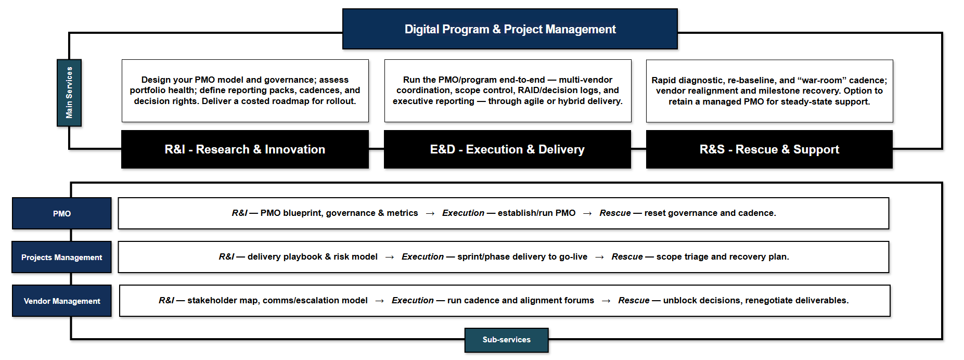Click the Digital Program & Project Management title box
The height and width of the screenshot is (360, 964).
click(x=510, y=29)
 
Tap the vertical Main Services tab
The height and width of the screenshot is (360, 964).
click(x=69, y=93)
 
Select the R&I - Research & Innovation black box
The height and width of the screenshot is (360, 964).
click(x=245, y=149)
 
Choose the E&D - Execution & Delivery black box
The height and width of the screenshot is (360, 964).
click(x=507, y=149)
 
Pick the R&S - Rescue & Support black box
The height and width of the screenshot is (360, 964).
click(x=769, y=149)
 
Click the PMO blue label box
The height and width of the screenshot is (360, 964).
click(x=62, y=213)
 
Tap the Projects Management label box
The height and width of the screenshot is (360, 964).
click(x=62, y=257)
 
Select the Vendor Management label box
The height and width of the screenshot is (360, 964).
click(x=62, y=301)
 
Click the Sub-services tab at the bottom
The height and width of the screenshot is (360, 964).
click(x=507, y=340)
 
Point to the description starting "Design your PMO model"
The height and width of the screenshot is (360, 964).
click(x=245, y=91)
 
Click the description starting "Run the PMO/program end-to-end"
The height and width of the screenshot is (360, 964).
click(x=508, y=91)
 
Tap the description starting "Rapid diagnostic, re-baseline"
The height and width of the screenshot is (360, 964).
click(x=769, y=91)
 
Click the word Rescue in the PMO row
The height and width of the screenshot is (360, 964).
click(x=615, y=213)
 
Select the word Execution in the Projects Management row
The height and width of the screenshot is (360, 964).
click(x=422, y=256)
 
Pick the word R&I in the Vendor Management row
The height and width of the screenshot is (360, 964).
click(x=166, y=300)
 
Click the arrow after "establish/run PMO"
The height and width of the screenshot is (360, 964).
click(x=587, y=213)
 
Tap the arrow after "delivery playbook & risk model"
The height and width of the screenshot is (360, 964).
click(x=390, y=257)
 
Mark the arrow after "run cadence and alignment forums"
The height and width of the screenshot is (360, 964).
click(x=606, y=301)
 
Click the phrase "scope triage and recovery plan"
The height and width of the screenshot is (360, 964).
click(x=723, y=256)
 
